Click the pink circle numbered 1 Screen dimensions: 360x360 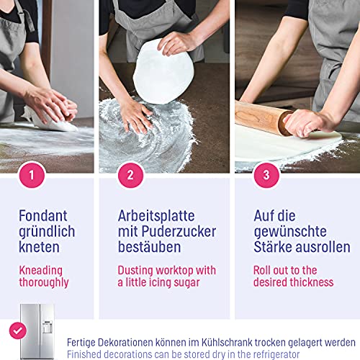click(x=32, y=175)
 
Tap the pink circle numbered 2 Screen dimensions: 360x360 click(x=130, y=175)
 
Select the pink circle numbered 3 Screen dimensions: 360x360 click(x=266, y=175)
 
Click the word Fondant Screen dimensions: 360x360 click(x=43, y=215)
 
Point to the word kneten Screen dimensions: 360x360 click(x=39, y=247)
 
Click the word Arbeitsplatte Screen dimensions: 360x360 click(x=156, y=215)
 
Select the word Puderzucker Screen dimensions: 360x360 click(x=179, y=231)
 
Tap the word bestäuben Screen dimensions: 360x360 click(x=149, y=247)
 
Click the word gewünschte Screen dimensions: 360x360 click(x=290, y=233)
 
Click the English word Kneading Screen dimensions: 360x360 click(x=41, y=271)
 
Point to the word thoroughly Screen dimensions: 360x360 click(x=44, y=283)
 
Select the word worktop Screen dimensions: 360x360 click(x=174, y=270)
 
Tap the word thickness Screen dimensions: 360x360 click(x=310, y=282)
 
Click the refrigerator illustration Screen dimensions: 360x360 click(x=37, y=331)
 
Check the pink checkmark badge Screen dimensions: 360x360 click(x=18, y=330)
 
